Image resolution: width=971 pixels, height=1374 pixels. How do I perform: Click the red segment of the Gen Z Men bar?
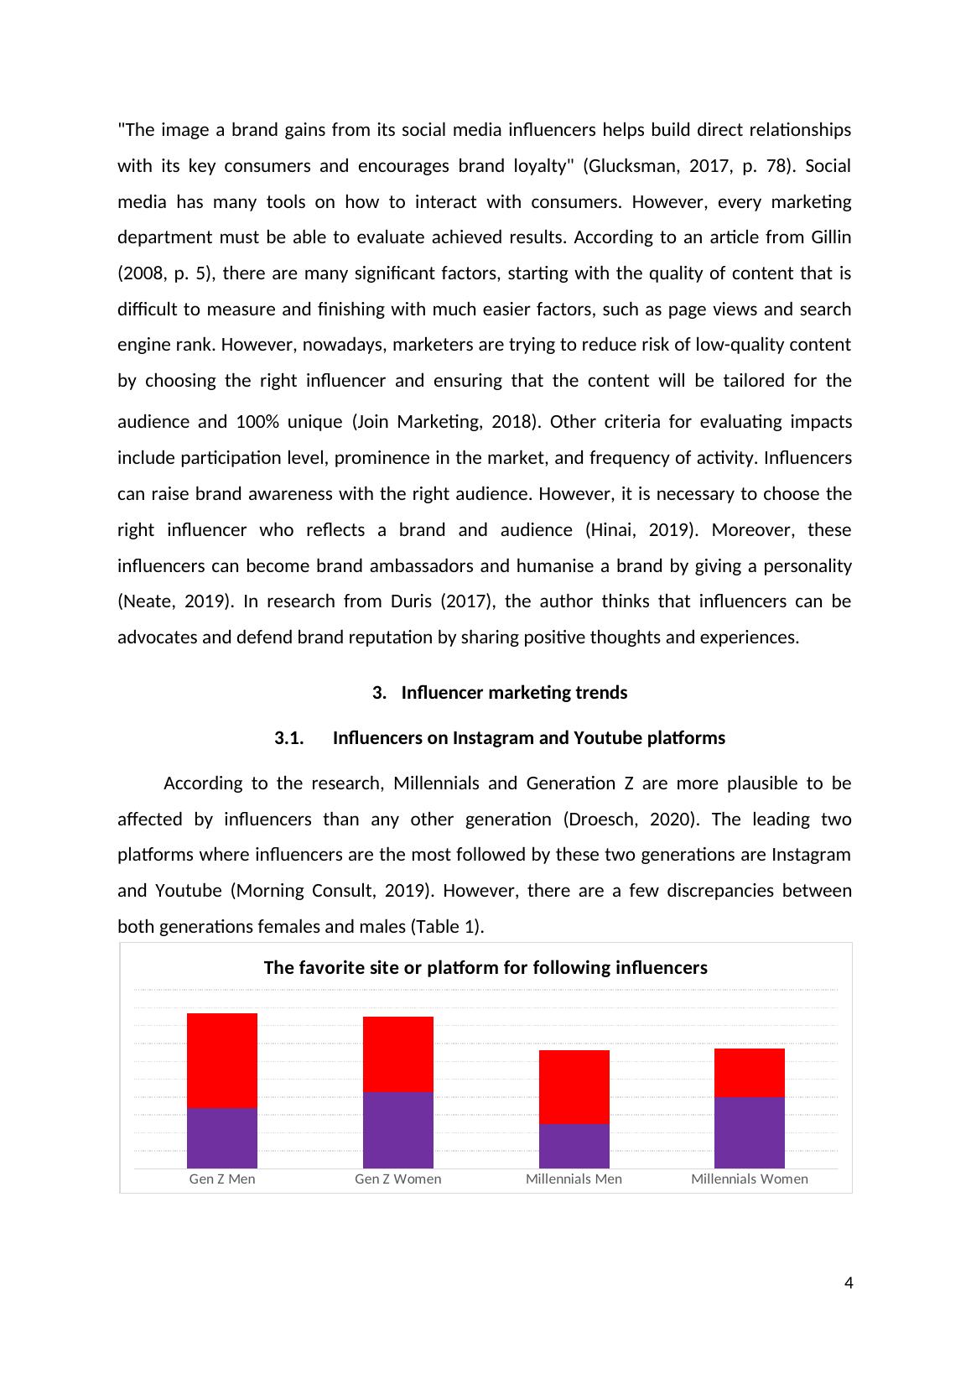click(x=222, y=1060)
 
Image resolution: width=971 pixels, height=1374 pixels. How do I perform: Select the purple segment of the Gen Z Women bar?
click(x=398, y=1130)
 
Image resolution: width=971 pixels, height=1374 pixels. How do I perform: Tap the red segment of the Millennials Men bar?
click(x=574, y=1086)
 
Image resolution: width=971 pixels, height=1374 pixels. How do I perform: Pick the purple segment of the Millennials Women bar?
click(x=750, y=1132)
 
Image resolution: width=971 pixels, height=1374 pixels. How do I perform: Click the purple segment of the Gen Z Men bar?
click(x=222, y=1138)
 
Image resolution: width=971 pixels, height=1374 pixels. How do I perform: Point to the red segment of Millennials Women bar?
click(x=750, y=1072)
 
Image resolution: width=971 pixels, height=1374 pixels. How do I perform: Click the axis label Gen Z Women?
click(x=398, y=1179)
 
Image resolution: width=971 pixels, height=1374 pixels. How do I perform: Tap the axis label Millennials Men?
click(x=574, y=1179)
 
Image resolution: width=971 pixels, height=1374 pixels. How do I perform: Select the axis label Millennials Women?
click(x=750, y=1179)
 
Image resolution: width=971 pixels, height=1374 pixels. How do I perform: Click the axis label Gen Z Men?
click(x=222, y=1179)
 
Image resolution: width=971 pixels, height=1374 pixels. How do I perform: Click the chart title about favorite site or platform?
click(x=486, y=968)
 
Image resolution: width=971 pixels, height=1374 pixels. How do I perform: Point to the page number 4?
click(x=849, y=1283)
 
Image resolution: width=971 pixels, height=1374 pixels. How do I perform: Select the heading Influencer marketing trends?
click(x=514, y=693)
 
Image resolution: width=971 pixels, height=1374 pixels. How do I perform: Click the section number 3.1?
click(x=288, y=738)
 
